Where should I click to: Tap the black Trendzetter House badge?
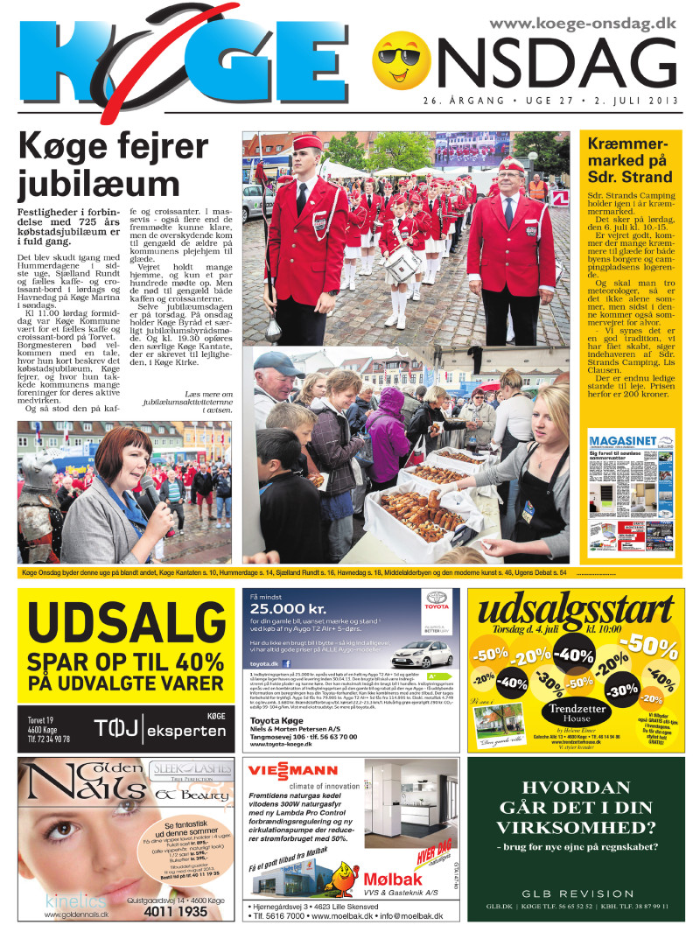pyautogui.click(x=577, y=712)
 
